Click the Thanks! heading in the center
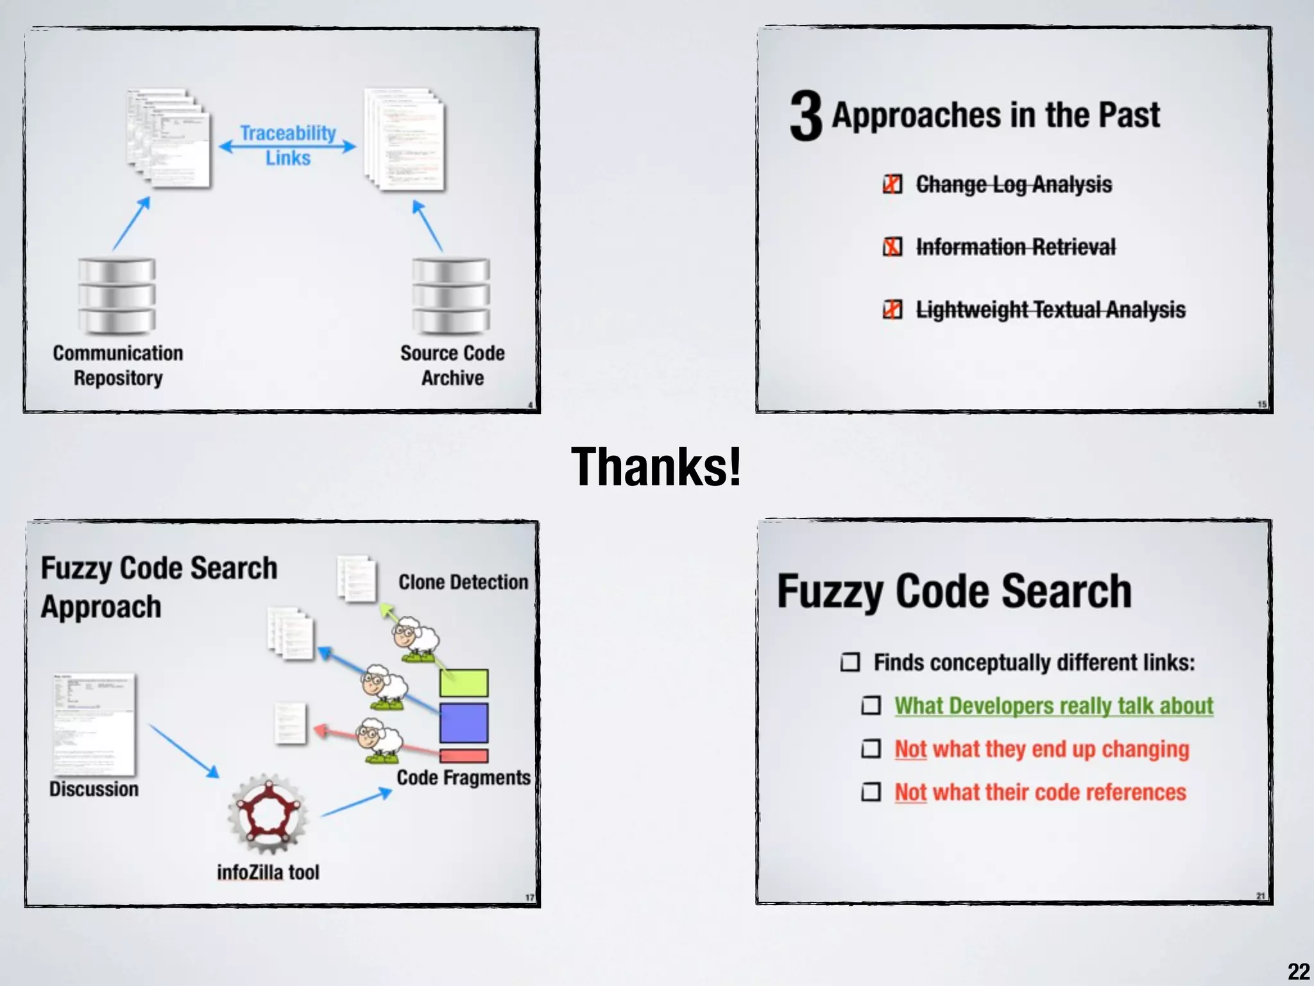coord(656,467)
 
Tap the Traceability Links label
coord(288,145)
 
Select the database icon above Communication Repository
coord(117,296)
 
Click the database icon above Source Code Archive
coord(451,296)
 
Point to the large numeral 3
coord(806,116)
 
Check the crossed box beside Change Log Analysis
coord(892,184)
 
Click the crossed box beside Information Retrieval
coord(892,246)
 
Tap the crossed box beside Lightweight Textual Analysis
coord(892,309)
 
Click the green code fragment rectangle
coord(464,682)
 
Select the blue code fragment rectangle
coord(464,723)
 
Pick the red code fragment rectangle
coord(464,756)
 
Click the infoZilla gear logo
coord(268,814)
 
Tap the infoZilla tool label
coord(268,872)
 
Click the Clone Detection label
coord(463,582)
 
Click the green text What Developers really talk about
coord(1054,706)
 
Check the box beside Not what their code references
coord(871,792)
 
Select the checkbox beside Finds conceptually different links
coord(850,662)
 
